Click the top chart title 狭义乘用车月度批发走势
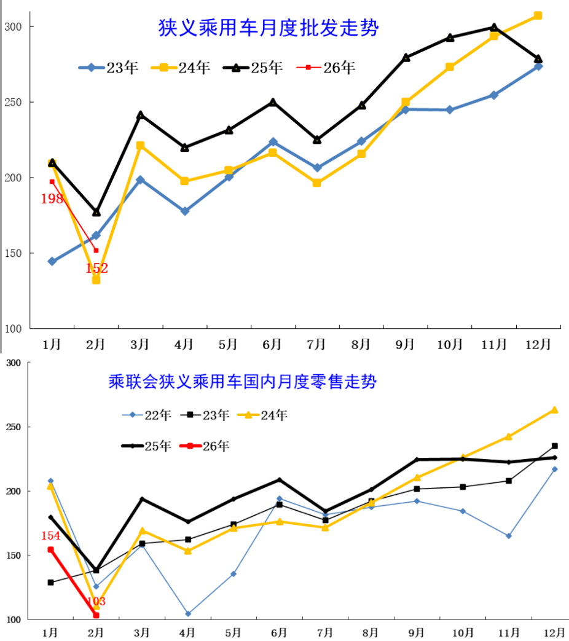pos(269,28)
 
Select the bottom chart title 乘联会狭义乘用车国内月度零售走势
pos(242,382)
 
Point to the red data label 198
pos(52,199)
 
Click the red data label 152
pos(96,269)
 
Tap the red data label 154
pos(51,536)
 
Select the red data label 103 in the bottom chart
pos(96,602)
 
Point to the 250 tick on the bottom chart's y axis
pos(13,427)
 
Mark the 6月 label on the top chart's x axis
pos(272,345)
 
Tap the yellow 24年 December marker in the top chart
pos(538,15)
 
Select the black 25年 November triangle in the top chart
pos(494,27)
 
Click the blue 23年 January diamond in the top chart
pos(52,261)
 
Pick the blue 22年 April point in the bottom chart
pos(187,614)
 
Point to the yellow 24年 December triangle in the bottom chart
pos(554,410)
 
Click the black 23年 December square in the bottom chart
pos(554,446)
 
